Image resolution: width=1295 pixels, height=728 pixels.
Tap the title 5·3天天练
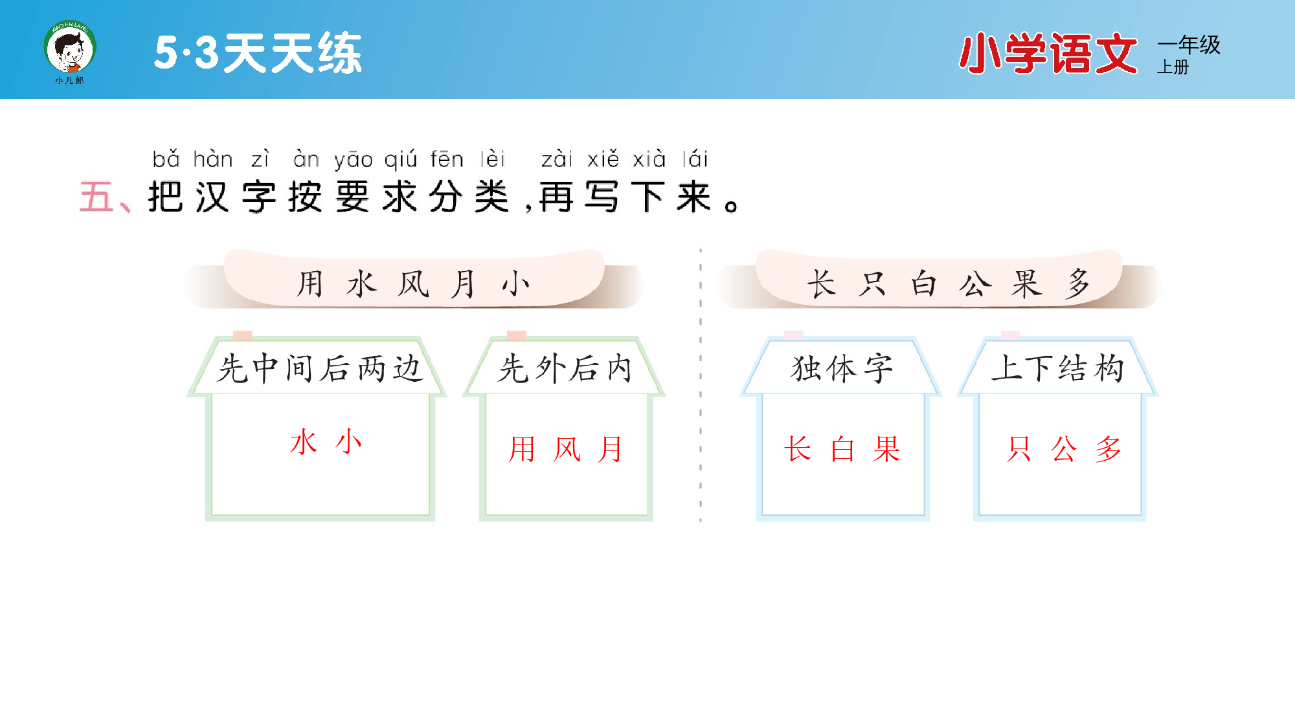[x=258, y=53]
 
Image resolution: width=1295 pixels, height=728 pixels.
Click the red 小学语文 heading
[x=1048, y=54]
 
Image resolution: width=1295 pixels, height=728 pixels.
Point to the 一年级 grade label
[x=1189, y=45]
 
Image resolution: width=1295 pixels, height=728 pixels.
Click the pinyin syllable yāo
[x=353, y=159]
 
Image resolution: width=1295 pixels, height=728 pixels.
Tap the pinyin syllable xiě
[x=603, y=159]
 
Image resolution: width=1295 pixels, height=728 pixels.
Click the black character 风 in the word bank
[x=413, y=284]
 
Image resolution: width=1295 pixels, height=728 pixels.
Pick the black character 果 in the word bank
[x=1027, y=284]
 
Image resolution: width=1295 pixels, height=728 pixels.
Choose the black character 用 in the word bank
[x=310, y=284]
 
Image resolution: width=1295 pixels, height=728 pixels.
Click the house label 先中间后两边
[x=319, y=369]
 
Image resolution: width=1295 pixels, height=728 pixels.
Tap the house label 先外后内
[x=565, y=369]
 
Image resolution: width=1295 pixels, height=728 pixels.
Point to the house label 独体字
[x=842, y=369]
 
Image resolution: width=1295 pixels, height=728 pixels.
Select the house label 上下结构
[x=1058, y=369]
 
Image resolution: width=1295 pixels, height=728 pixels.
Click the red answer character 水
[x=304, y=442]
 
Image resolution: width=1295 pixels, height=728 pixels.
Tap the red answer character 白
[x=842, y=449]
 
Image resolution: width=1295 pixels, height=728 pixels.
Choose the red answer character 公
[x=1064, y=449]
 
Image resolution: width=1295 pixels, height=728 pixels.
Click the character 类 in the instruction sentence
[x=492, y=197]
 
